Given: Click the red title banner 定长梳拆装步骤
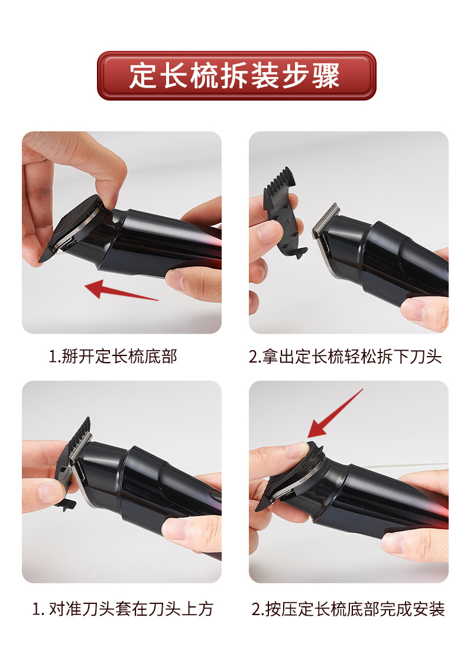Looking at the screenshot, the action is pos(236,76).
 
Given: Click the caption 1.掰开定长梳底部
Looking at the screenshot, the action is pos(113,356).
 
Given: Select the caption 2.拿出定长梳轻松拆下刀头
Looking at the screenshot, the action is pos(345,356).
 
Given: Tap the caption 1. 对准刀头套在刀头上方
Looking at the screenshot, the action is pos(123,609).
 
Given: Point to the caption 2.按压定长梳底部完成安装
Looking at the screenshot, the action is pos(348,609).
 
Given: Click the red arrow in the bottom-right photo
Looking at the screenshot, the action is pos(335,413).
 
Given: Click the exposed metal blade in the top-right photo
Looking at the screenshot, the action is pos(326,220).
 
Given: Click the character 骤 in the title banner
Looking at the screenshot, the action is pos(326,76).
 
